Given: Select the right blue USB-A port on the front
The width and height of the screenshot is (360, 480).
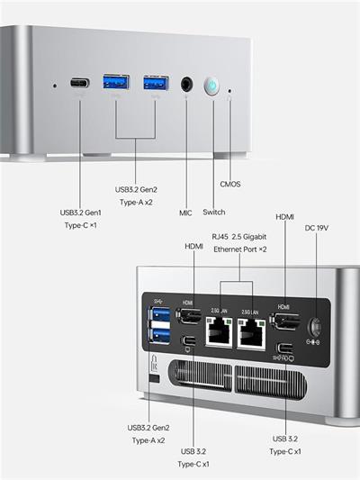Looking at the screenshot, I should [154, 84].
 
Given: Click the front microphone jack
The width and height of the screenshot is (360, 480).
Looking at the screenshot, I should [187, 85].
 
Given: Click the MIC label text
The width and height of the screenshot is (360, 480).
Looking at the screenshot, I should [185, 213].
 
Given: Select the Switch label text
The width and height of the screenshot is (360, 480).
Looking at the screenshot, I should [214, 213].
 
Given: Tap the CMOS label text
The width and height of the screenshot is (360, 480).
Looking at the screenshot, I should [231, 184].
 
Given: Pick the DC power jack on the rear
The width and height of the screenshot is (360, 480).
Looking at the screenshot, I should [315, 327].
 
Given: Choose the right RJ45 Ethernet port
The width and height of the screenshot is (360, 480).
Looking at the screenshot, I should [251, 334].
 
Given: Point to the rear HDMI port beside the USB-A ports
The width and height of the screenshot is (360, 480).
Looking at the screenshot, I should [189, 316].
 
